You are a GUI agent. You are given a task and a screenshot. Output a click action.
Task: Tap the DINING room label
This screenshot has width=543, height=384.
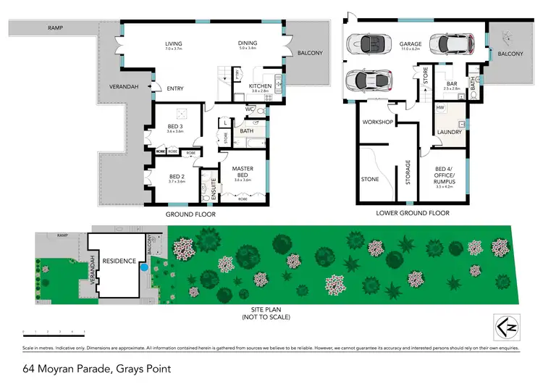[248, 43]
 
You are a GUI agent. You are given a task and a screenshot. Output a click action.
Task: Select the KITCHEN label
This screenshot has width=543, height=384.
[260, 86]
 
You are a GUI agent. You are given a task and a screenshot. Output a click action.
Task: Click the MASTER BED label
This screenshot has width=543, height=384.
[243, 172]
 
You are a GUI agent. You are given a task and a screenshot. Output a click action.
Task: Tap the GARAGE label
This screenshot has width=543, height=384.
[411, 43]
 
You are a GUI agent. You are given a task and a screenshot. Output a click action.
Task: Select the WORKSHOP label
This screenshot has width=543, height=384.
[377, 122]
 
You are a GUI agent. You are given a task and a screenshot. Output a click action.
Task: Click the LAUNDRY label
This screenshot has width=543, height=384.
[450, 131]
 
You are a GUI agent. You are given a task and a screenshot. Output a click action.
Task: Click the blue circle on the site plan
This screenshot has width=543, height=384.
[145, 267]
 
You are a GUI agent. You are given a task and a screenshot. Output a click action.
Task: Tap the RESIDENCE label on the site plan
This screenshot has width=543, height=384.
[119, 262]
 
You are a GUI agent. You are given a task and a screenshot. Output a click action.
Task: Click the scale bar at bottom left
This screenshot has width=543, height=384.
[54, 332]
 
